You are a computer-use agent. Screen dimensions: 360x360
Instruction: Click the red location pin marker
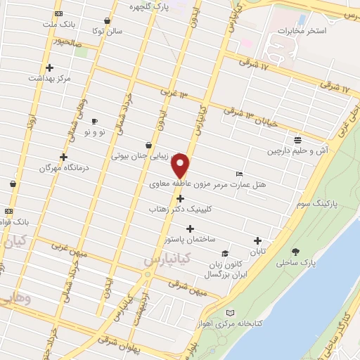click(x=181, y=167)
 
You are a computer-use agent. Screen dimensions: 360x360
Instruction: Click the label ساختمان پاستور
click(x=190, y=240)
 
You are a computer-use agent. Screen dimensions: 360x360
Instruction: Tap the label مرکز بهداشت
click(x=49, y=79)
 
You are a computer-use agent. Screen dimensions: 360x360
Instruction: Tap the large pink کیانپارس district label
click(x=164, y=260)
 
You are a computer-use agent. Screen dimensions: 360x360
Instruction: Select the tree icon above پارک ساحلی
click(x=295, y=252)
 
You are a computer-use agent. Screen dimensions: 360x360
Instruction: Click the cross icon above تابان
click(x=257, y=240)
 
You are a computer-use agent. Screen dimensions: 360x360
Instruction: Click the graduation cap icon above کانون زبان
click(x=225, y=254)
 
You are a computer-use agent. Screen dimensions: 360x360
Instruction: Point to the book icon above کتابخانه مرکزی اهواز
click(x=231, y=313)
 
